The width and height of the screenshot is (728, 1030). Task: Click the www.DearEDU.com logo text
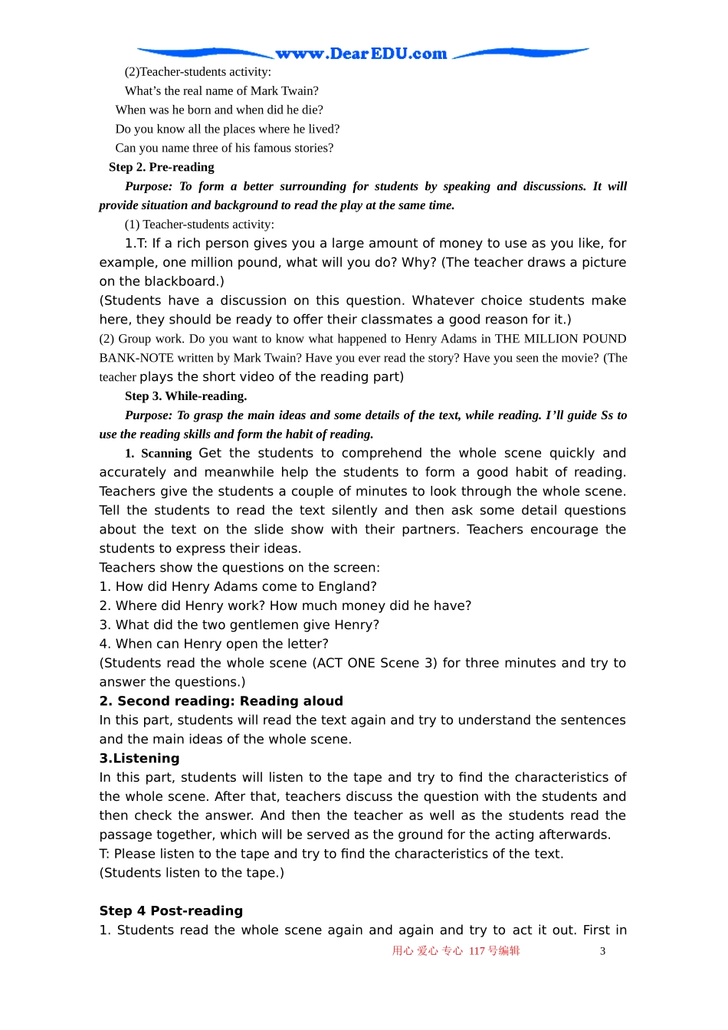coord(361,54)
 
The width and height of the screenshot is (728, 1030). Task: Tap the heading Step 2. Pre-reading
coord(161,167)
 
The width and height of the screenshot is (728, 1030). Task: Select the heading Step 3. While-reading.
coord(185,396)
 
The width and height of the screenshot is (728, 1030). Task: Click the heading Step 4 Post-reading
coord(171,910)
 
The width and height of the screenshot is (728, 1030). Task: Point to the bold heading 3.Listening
coord(139,758)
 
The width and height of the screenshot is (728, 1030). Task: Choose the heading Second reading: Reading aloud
coord(221,700)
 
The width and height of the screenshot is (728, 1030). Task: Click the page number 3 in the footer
coord(602,951)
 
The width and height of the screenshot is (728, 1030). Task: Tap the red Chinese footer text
coord(456,951)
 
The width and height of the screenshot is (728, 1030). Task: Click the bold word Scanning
coord(166,454)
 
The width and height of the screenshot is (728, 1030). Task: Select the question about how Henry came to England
coord(238,586)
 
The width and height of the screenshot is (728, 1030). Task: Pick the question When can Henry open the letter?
coord(214,644)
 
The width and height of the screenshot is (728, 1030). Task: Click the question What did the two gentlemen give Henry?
coord(239,625)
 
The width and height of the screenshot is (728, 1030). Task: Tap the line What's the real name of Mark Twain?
coord(221,90)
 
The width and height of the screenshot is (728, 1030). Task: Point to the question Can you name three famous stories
coord(224,148)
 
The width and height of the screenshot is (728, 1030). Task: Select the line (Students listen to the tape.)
coord(192,872)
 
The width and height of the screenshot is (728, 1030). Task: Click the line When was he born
coord(219,110)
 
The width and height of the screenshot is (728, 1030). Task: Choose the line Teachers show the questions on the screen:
coord(239,567)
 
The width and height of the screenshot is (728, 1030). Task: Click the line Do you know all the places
coord(227,129)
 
